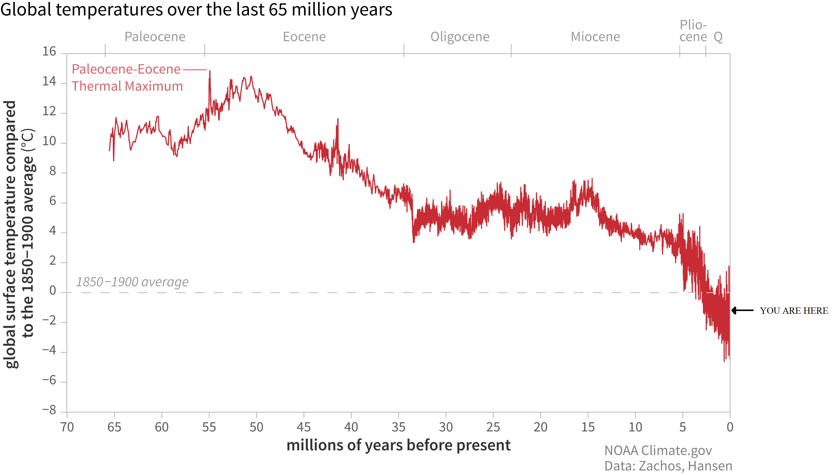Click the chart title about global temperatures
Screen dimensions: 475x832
pyautogui.click(x=196, y=10)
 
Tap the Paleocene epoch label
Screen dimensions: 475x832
pyautogui.click(x=155, y=37)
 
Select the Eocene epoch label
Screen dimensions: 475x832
pyautogui.click(x=304, y=37)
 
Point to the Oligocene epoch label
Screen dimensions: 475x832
pyautogui.click(x=460, y=37)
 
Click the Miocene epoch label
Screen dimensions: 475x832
pyautogui.click(x=595, y=37)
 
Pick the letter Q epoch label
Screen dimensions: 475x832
pyautogui.click(x=718, y=37)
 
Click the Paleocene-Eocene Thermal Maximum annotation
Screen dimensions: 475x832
pyautogui.click(x=127, y=78)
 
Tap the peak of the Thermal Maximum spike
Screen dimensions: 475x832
pyautogui.click(x=209, y=71)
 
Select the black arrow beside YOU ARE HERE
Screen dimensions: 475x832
pyautogui.click(x=742, y=310)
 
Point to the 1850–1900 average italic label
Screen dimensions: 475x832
pyautogui.click(x=132, y=282)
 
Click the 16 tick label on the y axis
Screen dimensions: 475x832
pyautogui.click(x=49, y=52)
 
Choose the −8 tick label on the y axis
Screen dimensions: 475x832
pyautogui.click(x=49, y=410)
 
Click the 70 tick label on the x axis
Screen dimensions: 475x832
pyautogui.click(x=67, y=427)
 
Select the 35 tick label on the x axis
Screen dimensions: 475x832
pyautogui.click(x=398, y=427)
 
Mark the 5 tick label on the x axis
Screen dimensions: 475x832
pyautogui.click(x=682, y=427)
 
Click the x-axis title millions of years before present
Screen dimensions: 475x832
pyautogui.click(x=398, y=445)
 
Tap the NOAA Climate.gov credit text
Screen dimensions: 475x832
pyautogui.click(x=658, y=451)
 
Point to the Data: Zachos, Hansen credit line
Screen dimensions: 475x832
pyautogui.click(x=668, y=466)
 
